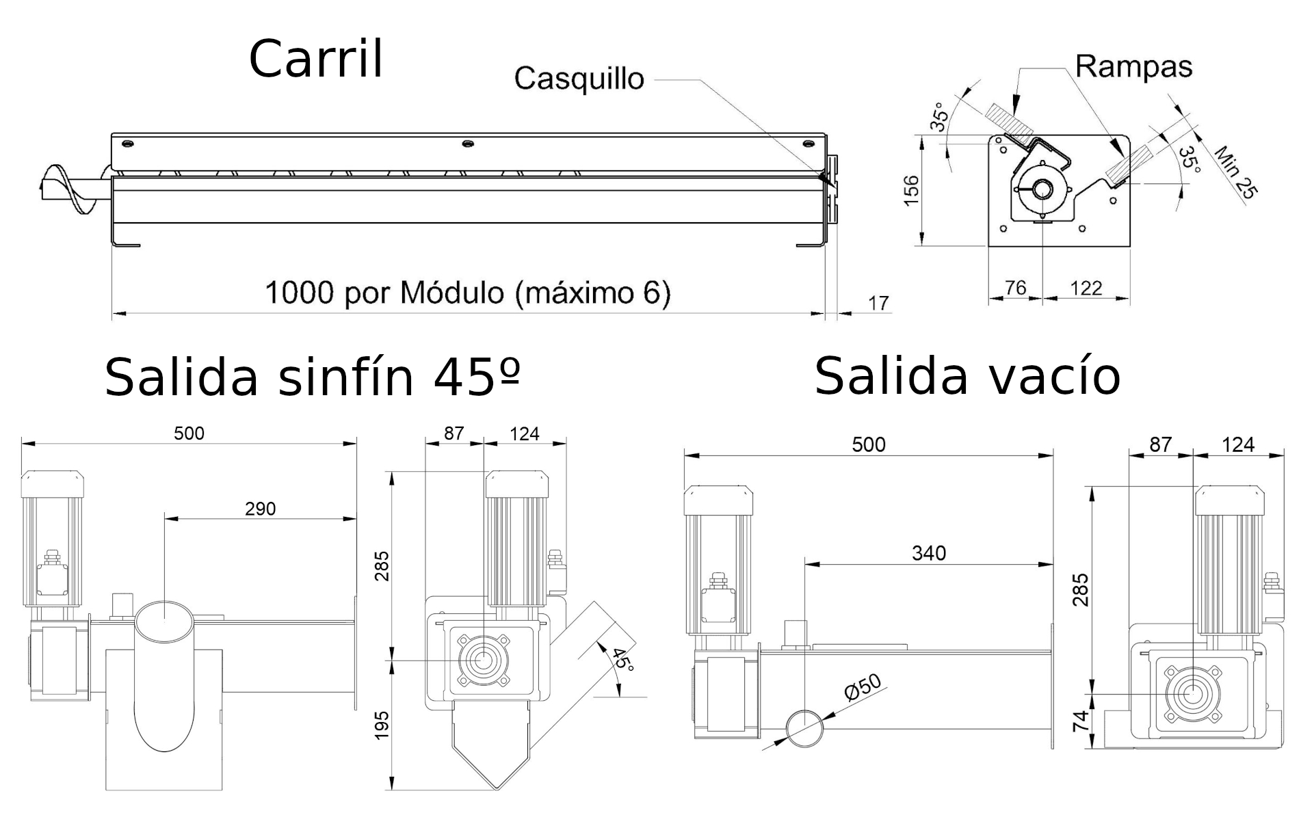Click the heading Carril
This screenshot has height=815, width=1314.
pyautogui.click(x=316, y=59)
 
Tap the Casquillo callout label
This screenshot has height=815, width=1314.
pyautogui.click(x=579, y=79)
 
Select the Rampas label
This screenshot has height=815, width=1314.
pyautogui.click(x=1133, y=66)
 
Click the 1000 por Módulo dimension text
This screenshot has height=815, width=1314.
pyautogui.click(x=468, y=293)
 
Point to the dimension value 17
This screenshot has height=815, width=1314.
pyautogui.click(x=878, y=303)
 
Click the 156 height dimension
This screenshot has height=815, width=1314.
pyautogui.click(x=911, y=190)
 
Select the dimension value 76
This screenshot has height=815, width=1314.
pyautogui.click(x=1016, y=288)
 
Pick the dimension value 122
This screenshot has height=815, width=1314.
pyautogui.click(x=1086, y=288)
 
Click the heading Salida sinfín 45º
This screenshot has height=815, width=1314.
pyautogui.click(x=313, y=377)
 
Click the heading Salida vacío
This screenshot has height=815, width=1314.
pyautogui.click(x=967, y=376)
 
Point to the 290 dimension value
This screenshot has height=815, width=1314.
pyautogui.click(x=260, y=509)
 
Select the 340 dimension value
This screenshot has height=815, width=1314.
pyautogui.click(x=928, y=552)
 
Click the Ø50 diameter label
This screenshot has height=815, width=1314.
pyautogui.click(x=863, y=689)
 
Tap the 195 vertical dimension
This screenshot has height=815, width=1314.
pyautogui.click(x=381, y=725)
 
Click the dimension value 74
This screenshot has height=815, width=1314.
pyautogui.click(x=1080, y=721)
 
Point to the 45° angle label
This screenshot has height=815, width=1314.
pyautogui.click(x=622, y=659)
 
